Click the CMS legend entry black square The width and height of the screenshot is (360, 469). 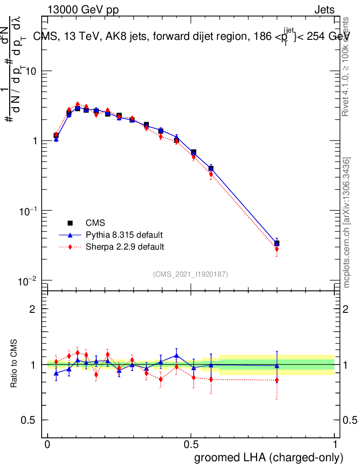(71, 223)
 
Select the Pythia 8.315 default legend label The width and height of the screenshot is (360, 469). (124, 235)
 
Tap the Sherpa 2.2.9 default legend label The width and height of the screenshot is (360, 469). (125, 247)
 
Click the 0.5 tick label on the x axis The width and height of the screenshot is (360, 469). (191, 445)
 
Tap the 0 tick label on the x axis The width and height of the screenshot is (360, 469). (48, 445)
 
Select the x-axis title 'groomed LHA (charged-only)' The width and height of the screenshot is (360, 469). (269, 458)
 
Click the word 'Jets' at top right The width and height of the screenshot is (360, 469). (324, 10)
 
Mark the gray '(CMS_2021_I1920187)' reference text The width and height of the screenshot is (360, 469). (191, 274)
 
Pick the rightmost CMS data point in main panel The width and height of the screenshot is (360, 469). (277, 243)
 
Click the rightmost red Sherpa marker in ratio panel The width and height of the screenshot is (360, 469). (277, 380)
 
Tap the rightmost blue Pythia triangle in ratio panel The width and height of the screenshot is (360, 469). (277, 365)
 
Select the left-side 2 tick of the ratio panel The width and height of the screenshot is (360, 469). (33, 309)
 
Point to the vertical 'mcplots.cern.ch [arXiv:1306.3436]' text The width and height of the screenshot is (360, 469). (347, 222)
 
